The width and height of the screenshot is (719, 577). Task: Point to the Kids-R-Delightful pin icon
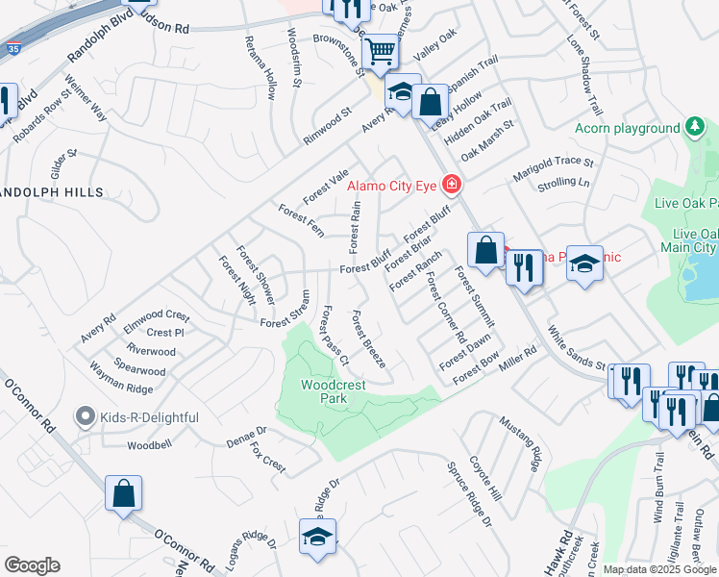[x=86, y=417]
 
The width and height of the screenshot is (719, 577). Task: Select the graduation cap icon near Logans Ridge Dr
[x=317, y=538]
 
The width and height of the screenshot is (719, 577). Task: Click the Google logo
[x=32, y=565]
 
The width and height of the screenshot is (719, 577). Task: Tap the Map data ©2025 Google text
[x=659, y=569]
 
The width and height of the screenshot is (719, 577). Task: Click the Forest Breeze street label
[x=369, y=339]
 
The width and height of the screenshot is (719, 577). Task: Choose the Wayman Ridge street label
[x=121, y=389]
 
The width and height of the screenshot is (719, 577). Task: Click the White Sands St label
[x=575, y=351]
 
